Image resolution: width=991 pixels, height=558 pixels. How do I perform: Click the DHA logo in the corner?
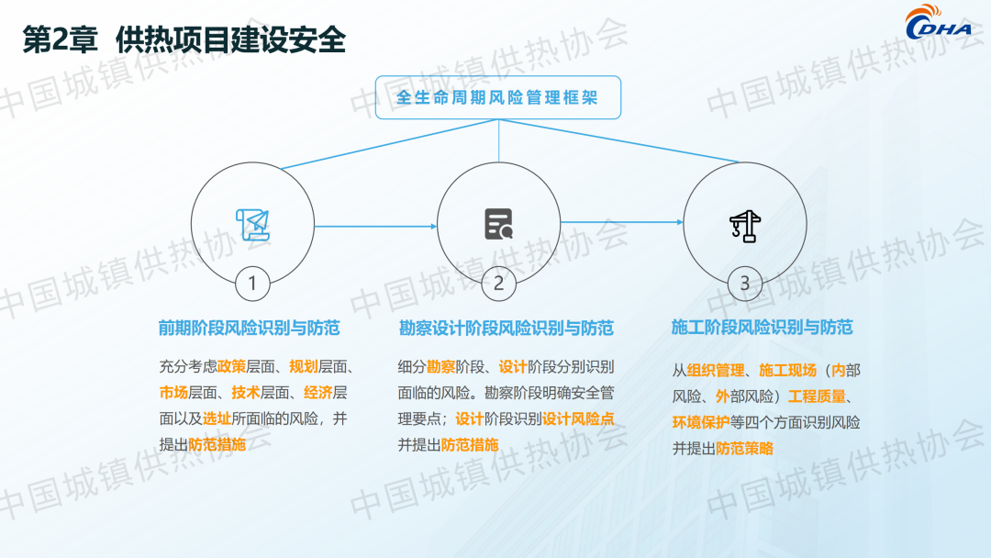pos(939,23)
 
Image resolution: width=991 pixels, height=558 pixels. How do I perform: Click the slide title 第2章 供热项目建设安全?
pos(184,39)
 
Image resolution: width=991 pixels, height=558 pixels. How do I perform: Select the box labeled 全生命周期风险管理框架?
pos(498,97)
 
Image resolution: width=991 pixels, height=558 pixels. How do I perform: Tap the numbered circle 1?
pos(252,283)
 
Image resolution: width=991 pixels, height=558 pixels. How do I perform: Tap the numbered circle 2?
pos(498,283)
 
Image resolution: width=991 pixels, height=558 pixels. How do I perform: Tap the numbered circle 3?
pos(744,283)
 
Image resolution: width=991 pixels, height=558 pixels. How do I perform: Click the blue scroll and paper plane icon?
pos(253,225)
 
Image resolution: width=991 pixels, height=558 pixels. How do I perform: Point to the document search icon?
pos(498,224)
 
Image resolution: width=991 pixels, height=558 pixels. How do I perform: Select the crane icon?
pos(745,226)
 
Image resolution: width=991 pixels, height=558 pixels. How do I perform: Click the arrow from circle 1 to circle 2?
pos(375,227)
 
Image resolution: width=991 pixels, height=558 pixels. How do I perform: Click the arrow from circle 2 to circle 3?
pos(622,222)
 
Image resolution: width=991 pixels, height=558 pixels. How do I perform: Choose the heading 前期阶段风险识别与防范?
pos(249,328)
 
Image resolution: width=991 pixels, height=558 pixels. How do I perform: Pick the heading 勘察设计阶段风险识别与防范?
pos(507,329)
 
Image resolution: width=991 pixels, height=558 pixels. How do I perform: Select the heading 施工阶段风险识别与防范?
pos(763,328)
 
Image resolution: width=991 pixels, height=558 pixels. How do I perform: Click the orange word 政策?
pos(231,366)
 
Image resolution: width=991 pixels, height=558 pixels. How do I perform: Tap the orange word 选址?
pos(217,418)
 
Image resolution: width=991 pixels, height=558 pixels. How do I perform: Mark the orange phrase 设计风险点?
pos(578,419)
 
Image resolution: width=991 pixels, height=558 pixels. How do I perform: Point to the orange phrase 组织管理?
pos(716,370)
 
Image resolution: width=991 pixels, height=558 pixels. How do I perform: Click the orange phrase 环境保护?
pos(701,422)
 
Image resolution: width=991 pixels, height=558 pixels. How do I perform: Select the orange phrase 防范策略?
pos(744,449)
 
